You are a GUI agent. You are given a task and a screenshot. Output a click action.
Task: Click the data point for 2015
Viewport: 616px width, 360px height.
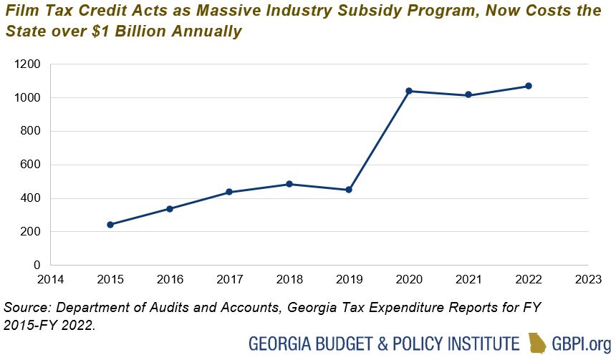110,225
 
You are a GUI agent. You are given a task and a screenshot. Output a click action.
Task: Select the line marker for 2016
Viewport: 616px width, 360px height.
170,209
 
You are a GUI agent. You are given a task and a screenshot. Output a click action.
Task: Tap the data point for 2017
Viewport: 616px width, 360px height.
229,192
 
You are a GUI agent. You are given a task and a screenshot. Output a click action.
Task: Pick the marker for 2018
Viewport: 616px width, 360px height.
289,184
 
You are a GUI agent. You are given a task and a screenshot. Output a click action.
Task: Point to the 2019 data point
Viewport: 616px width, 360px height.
349,190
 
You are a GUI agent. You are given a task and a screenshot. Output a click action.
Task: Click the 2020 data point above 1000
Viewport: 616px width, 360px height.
409,91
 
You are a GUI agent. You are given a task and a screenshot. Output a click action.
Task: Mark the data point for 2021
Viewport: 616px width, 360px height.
468,95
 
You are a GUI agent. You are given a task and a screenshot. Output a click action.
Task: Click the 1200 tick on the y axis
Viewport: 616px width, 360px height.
28,64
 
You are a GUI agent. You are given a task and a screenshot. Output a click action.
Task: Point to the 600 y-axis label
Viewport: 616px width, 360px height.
31,165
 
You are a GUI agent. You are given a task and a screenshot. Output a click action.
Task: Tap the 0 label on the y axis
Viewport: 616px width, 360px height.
37,266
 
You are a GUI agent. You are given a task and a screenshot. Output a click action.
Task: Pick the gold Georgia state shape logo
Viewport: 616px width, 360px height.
538,342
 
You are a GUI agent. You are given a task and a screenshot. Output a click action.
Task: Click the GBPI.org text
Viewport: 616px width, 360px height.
581,343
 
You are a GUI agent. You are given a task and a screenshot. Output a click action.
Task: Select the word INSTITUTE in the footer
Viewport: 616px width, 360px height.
483,343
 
